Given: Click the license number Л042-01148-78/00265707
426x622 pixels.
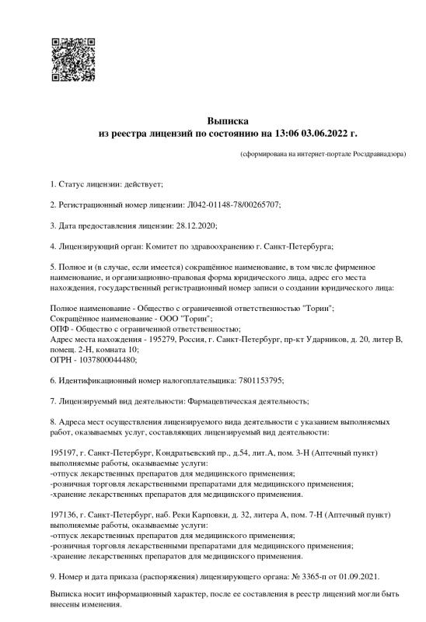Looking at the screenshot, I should click(x=234, y=204).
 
